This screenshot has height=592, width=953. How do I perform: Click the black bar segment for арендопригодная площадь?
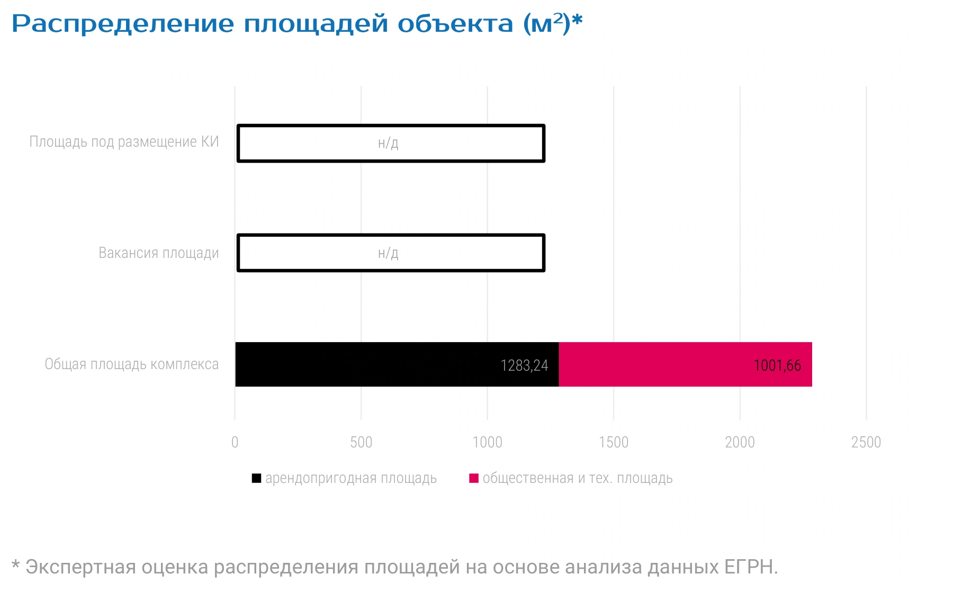[397, 364]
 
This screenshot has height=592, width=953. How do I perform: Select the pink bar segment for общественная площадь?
[686, 364]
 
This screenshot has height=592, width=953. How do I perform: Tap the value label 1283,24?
[524, 365]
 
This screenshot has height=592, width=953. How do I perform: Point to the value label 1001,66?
[777, 365]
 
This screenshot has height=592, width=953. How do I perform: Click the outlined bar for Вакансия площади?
[391, 236]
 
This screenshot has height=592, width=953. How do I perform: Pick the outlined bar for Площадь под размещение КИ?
[391, 126]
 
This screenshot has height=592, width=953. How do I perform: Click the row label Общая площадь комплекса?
[132, 364]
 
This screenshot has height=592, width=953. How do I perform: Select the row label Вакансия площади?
[159, 253]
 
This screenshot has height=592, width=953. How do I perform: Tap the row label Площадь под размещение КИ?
[124, 142]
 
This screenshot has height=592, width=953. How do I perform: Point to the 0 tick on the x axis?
[235, 442]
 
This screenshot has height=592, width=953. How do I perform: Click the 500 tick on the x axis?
[361, 442]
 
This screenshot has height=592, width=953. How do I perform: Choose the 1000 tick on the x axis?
[488, 442]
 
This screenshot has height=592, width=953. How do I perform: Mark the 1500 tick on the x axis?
[614, 442]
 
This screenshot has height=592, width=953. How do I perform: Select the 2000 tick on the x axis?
[740, 442]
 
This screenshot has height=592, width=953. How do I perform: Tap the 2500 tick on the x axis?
[866, 442]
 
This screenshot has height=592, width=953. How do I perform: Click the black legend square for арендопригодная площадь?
[256, 478]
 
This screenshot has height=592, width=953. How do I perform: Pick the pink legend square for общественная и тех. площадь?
[474, 478]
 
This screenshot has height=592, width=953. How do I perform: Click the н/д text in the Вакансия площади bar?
[388, 253]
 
